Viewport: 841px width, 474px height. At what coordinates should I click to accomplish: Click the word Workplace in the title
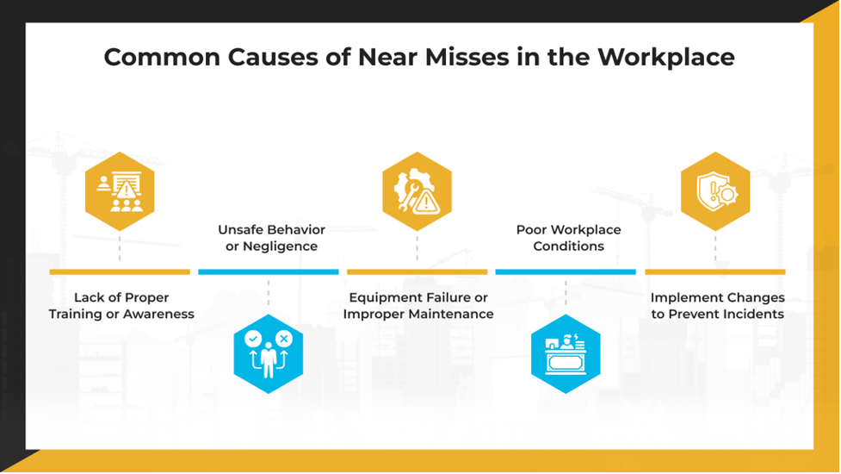665,58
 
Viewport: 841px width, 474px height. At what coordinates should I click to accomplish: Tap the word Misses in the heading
467,57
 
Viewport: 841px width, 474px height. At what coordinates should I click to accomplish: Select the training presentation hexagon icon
120,191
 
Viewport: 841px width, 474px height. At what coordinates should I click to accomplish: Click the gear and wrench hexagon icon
417,191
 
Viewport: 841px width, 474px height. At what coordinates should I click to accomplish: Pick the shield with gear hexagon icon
715,191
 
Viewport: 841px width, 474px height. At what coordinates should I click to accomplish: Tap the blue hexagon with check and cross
269,354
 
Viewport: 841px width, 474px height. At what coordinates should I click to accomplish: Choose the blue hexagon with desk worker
566,354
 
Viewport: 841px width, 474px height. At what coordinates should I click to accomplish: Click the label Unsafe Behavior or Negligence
271,238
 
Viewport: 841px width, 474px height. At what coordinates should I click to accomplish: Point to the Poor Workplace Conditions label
568,238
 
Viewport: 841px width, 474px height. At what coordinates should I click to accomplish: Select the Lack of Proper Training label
121,305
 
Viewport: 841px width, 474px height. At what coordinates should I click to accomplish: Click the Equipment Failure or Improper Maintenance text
418,305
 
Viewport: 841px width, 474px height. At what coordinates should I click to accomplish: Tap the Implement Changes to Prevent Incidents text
718,305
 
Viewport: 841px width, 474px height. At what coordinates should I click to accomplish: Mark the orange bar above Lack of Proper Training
120,272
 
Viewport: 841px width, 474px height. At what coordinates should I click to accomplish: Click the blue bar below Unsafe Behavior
269,272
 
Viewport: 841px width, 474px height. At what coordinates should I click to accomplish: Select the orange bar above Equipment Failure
417,272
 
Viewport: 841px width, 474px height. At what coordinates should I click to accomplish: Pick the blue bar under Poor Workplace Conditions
566,272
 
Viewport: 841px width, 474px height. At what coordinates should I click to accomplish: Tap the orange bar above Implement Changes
715,272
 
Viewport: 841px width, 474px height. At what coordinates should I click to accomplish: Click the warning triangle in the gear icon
426,203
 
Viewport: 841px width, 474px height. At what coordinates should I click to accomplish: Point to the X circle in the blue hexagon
284,339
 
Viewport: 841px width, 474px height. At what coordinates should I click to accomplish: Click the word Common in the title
162,58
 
